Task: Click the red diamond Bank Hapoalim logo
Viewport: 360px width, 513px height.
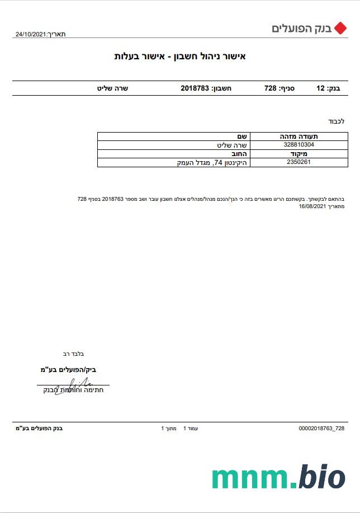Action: pyautogui.click(x=340, y=28)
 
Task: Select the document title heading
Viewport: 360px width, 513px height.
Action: pyautogui.click(x=180, y=56)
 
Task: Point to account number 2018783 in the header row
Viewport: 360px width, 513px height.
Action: pyautogui.click(x=195, y=88)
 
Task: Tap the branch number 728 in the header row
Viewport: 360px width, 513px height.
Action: pyautogui.click(x=271, y=88)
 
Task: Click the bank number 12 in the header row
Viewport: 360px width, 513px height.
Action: pyautogui.click(x=320, y=88)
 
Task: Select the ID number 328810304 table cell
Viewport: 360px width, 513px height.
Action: pyautogui.click(x=299, y=144)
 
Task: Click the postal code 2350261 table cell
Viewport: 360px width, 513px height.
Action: pyautogui.click(x=299, y=162)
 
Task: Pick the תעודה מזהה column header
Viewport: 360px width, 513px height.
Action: pyautogui.click(x=299, y=136)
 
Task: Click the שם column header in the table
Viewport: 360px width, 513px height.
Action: pyautogui.click(x=243, y=136)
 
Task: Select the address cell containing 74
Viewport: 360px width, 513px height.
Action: pyautogui.click(x=210, y=162)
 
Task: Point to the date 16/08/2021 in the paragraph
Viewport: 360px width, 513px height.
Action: pyautogui.click(x=312, y=206)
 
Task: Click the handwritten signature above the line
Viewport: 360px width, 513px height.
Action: pyautogui.click(x=81, y=383)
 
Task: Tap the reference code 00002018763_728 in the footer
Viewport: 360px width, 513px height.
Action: pyautogui.click(x=321, y=428)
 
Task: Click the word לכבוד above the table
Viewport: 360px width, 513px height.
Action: pyautogui.click(x=336, y=121)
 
